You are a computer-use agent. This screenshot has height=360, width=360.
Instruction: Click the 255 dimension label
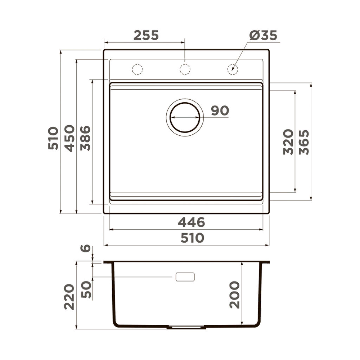coord(146,35)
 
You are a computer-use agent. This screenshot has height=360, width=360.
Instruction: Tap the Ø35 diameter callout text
coord(263,35)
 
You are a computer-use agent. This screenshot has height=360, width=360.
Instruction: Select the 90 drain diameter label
coord(220,111)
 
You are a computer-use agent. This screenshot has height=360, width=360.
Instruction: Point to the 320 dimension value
coord(288,142)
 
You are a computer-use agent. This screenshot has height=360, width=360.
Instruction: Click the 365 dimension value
coord(304,142)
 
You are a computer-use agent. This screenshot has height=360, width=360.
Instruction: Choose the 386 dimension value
coord(85,138)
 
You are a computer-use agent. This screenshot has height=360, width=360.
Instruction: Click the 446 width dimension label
coord(192,222)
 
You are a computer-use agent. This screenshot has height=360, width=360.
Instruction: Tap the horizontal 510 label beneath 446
coord(192,238)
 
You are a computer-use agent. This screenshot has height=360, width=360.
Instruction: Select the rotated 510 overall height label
coord(53,138)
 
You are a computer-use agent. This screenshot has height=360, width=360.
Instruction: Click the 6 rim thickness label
coord(85,248)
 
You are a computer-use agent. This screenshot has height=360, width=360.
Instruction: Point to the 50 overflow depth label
coord(85,289)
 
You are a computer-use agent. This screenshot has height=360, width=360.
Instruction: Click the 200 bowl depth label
coord(234,294)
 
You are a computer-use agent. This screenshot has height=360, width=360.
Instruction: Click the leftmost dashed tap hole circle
coord(137,69)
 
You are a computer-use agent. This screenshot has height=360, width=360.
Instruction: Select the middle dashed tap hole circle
coord(185,69)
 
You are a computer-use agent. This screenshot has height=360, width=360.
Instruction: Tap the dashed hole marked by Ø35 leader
coord(233,69)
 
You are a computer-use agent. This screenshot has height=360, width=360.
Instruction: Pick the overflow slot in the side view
coord(185,276)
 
